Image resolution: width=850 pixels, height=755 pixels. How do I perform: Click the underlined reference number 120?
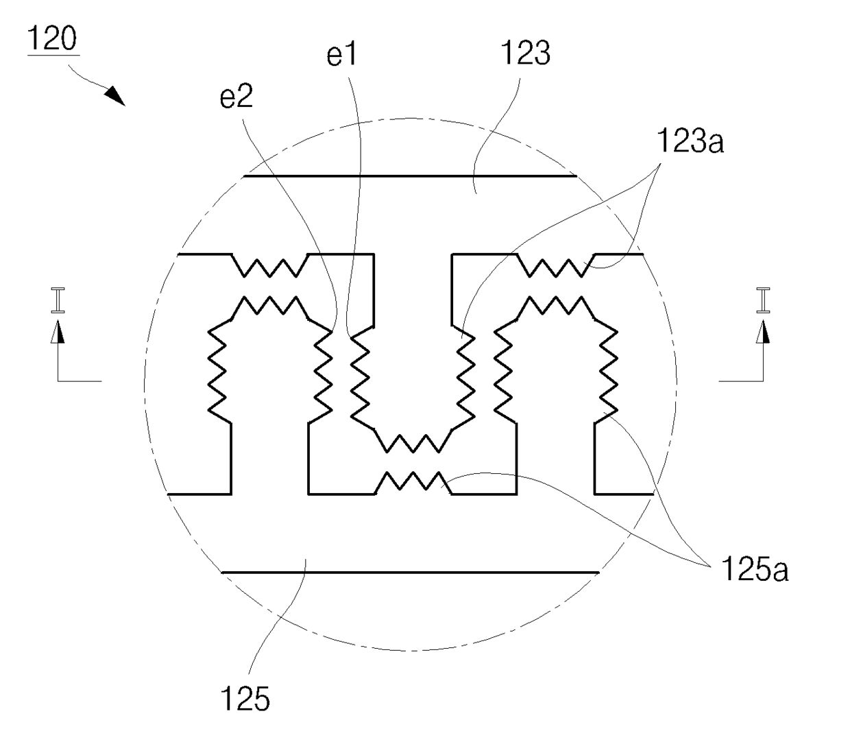[x=52, y=38]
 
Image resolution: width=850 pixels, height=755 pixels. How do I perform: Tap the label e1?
[x=341, y=55]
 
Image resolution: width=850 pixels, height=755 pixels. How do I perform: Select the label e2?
[x=236, y=97]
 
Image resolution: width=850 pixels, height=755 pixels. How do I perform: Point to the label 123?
[x=525, y=53]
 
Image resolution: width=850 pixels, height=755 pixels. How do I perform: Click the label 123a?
[x=690, y=141]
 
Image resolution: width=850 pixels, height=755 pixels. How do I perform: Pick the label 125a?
[x=755, y=569]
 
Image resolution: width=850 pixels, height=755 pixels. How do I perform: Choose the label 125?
[x=245, y=699]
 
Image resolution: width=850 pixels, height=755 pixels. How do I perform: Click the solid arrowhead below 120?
[x=115, y=96]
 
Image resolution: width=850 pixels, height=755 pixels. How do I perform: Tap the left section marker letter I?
[x=58, y=300]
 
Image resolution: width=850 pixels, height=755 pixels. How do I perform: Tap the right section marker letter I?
[x=763, y=300]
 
